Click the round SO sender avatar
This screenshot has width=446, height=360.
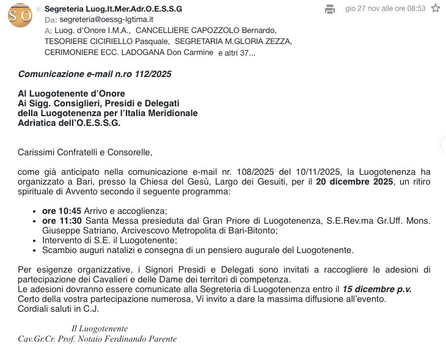[20, 15]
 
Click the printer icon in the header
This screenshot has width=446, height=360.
[330, 9]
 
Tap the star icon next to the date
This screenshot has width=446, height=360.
[436, 9]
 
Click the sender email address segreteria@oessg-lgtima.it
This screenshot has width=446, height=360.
[106, 20]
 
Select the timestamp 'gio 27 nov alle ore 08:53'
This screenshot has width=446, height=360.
[385, 9]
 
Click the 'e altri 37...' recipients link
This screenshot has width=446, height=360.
[236, 53]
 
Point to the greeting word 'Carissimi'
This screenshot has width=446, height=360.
[38, 152]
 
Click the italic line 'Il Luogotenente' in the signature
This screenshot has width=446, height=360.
[99, 328]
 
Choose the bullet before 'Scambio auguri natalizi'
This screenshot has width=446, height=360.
[34, 251]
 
